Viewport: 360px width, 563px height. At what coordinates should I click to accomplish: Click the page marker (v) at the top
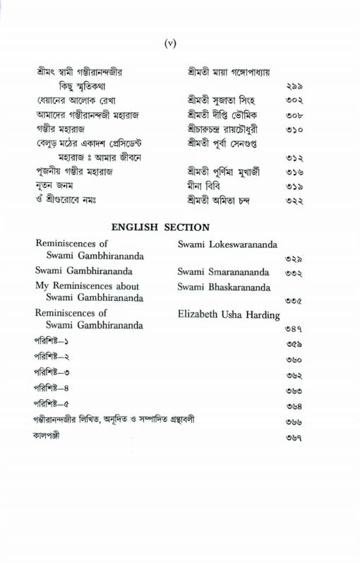[x=170, y=44]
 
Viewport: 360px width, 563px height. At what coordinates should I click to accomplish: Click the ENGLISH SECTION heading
[x=161, y=227]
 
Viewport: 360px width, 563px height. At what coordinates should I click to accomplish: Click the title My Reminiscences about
[x=87, y=286]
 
